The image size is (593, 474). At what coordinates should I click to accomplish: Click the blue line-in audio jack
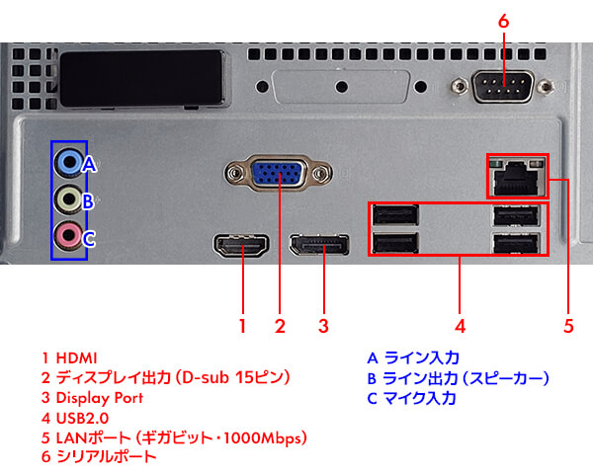tap(67, 161)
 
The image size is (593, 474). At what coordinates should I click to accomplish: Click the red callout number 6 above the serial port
tap(503, 20)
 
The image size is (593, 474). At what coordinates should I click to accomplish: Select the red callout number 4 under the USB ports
tap(459, 324)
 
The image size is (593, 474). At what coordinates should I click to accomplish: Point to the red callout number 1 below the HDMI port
tap(242, 324)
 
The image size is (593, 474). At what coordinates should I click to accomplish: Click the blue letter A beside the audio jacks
tap(88, 164)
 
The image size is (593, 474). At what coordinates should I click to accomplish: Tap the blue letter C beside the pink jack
tap(88, 238)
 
